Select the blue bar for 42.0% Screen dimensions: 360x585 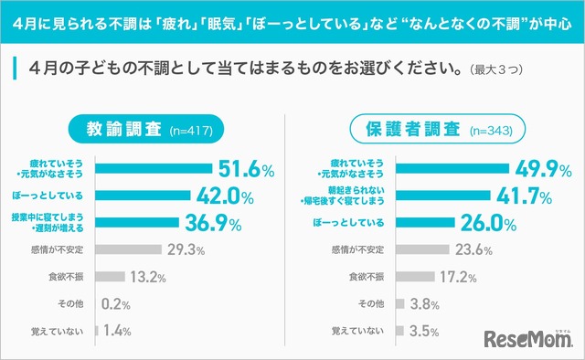pos(143,195)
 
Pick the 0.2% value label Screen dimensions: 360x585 pos(115,304)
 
